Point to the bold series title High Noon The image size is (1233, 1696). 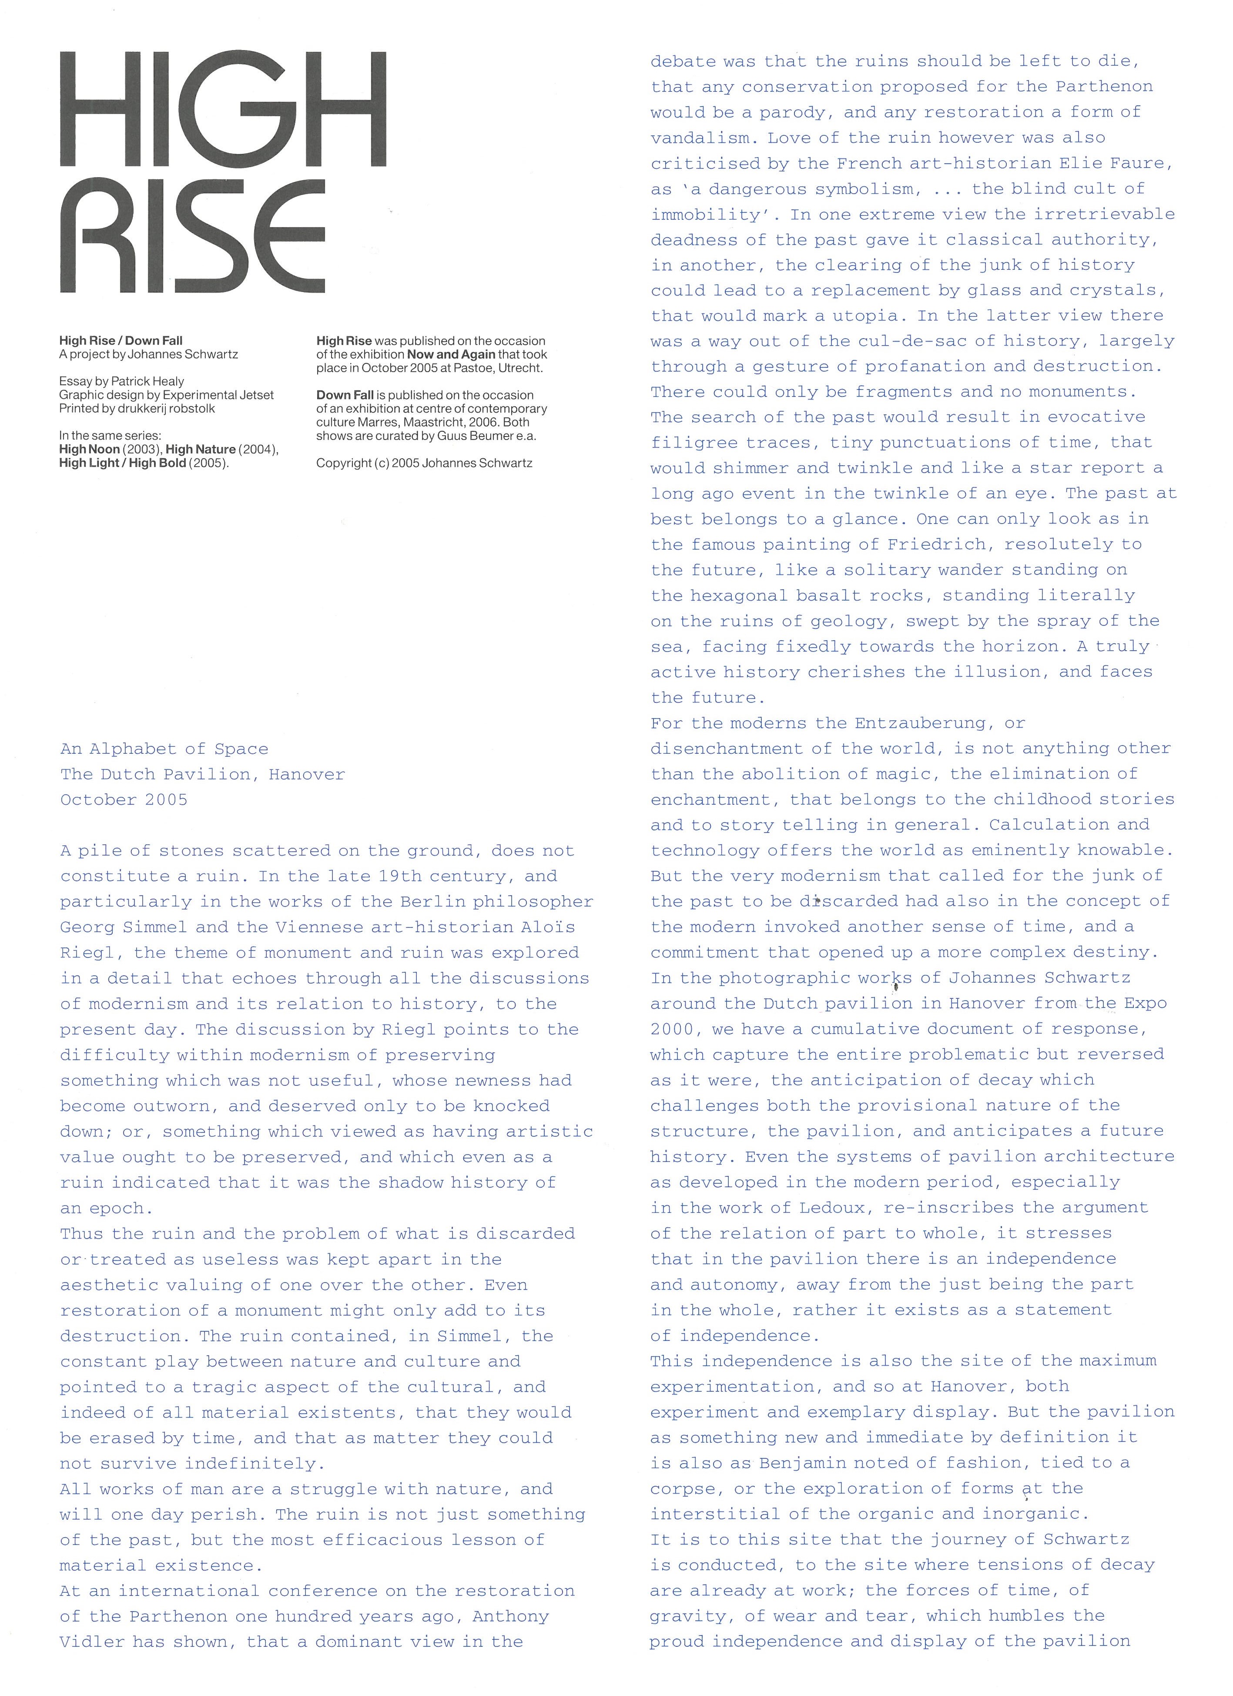[90, 450]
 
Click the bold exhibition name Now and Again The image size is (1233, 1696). [451, 354]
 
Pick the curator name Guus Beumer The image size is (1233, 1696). [449, 436]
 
